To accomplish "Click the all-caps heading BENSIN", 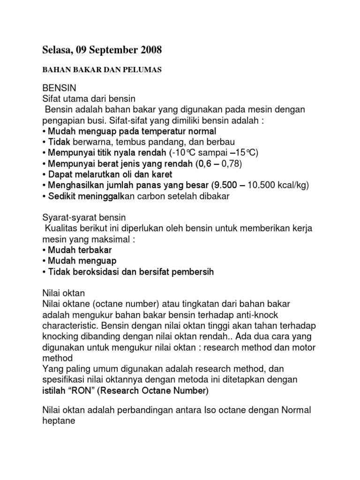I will coord(59,88).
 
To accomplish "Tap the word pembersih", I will coord(191,271).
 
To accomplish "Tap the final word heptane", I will coord(60,421).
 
